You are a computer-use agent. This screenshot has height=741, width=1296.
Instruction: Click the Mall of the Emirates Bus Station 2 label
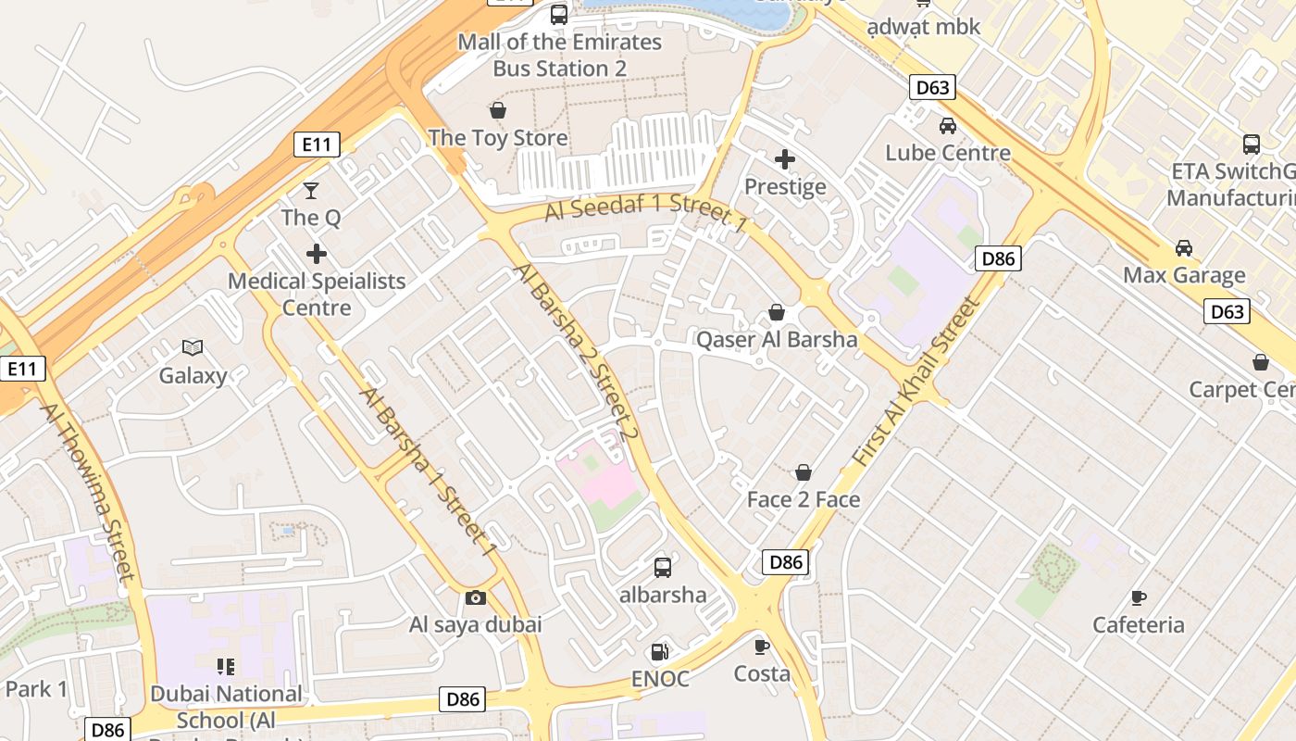pos(559,56)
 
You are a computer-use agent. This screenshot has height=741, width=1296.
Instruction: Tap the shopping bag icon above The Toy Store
pos(498,111)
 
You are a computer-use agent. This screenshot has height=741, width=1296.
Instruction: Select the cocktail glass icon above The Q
pos(311,191)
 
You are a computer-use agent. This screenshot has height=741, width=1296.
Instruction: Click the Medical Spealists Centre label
pos(317,294)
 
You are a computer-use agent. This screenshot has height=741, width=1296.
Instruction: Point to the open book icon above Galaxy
pos(193,348)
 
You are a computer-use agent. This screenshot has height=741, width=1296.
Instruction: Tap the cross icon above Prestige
pos(785,159)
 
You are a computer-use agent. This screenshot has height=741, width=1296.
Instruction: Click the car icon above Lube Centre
pos(948,126)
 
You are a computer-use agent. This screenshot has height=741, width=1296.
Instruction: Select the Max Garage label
pos(1184,275)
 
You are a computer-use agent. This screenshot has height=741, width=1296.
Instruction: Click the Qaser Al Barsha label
pos(777,339)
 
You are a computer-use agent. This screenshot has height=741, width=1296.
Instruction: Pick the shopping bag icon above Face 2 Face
pos(804,472)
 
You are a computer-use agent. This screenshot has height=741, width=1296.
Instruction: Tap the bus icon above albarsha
pos(663,568)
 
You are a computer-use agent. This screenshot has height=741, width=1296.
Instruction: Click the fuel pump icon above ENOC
pos(660,652)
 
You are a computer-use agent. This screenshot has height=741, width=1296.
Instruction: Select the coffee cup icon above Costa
pos(762,647)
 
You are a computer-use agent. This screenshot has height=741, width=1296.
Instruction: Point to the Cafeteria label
pos(1138,624)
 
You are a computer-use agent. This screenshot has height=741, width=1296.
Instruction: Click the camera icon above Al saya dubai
pos(476,597)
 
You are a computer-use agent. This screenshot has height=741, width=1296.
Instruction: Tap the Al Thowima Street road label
pos(89,491)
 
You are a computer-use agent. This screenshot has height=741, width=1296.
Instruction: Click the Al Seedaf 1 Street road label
pos(645,212)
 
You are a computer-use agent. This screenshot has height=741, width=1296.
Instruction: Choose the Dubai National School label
pos(226,706)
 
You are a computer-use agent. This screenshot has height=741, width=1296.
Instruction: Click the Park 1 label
pos(36,689)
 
